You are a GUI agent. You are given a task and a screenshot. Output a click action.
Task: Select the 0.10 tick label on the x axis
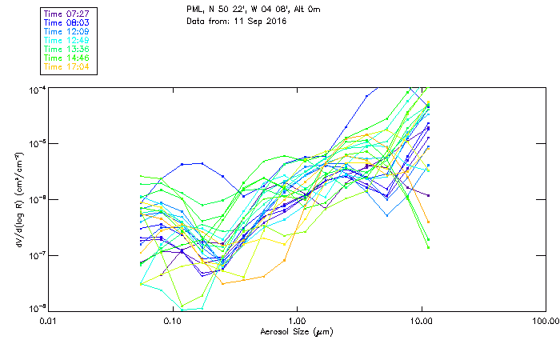coord(173,322)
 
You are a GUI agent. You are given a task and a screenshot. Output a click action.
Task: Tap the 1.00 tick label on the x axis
coord(297,322)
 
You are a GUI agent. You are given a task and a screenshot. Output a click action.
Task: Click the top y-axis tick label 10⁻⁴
coord(35,90)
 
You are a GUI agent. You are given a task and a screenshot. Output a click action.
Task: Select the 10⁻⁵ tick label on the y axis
coord(35,144)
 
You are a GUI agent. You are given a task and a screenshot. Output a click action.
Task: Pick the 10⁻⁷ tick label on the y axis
coord(35,254)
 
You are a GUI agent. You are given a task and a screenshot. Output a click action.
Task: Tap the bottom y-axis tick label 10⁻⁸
coord(35,308)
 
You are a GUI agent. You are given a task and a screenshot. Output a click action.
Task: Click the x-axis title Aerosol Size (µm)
coord(297,331)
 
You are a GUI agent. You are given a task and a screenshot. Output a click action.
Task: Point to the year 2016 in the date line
coord(275,21)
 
